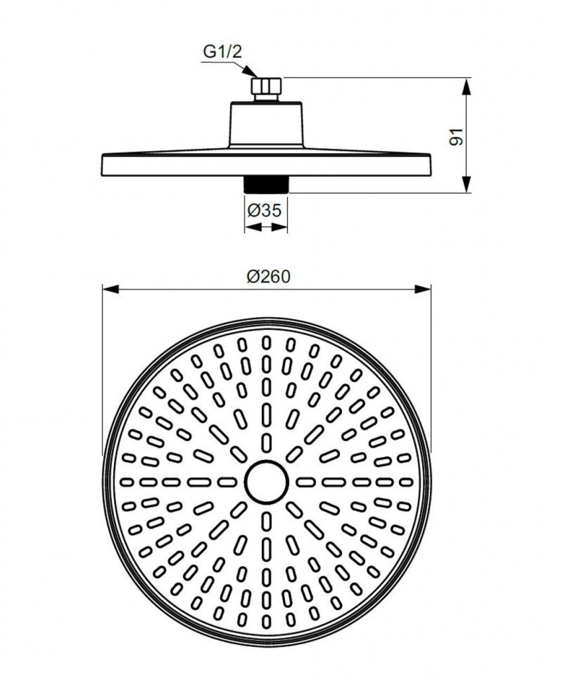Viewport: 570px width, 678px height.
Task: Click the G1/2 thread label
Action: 223,52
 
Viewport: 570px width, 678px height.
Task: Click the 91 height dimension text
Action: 456,136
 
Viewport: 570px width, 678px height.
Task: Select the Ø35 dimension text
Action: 264,211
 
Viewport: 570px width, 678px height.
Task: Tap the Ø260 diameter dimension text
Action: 268,277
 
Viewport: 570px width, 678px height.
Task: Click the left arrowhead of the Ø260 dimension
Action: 111,289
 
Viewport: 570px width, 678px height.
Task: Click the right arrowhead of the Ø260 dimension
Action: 423,289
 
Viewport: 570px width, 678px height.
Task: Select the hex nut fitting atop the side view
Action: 266,85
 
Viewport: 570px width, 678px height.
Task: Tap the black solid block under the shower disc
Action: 266,184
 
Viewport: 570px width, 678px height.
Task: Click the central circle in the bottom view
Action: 266,482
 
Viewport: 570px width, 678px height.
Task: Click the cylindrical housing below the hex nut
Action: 266,125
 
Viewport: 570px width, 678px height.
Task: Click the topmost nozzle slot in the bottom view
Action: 266,343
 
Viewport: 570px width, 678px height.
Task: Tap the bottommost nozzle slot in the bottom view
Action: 266,621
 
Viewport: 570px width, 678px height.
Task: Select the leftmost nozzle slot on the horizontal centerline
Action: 127,482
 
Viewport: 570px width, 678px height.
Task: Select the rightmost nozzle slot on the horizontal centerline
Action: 406,482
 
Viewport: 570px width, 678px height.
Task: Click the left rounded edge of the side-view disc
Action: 103,165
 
